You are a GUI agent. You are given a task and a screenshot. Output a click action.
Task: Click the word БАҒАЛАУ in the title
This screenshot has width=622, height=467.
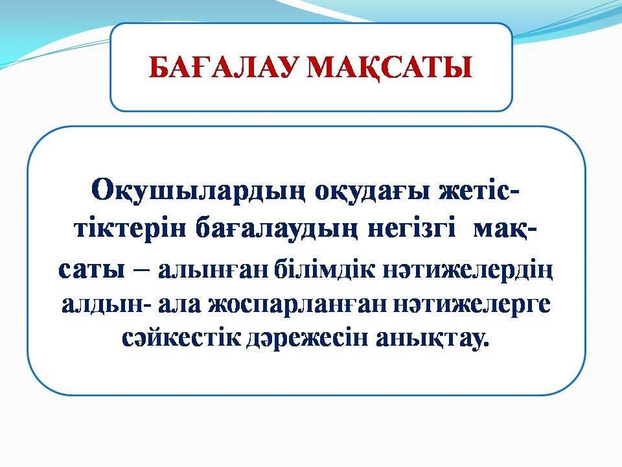point(222,67)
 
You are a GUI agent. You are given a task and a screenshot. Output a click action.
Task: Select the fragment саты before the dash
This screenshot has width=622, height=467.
point(91,270)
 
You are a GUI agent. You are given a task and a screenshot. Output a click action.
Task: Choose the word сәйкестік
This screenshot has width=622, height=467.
point(181,339)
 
